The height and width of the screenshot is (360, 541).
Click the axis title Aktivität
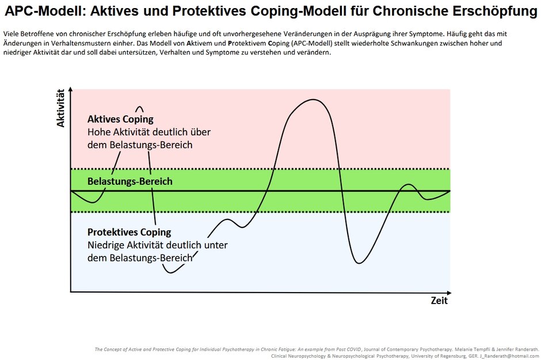(x=61, y=108)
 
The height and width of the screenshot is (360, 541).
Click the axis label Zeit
(x=439, y=301)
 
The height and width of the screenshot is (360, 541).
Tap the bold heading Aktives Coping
(x=120, y=119)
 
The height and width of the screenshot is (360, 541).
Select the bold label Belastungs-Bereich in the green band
(x=129, y=181)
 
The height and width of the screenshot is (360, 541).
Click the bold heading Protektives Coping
(x=129, y=232)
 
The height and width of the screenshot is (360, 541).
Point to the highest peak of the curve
(x=313, y=100)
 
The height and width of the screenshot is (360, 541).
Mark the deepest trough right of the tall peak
(x=359, y=263)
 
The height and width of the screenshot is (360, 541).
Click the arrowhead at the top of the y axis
(x=71, y=89)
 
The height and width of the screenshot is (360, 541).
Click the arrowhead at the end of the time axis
(x=449, y=293)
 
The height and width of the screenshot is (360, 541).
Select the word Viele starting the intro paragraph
(x=12, y=34)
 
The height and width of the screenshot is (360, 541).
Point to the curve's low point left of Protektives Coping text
(x=170, y=272)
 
